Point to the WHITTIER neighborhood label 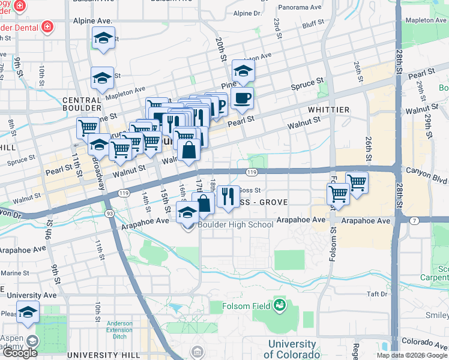pos(328,110)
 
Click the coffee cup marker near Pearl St pos(242,98)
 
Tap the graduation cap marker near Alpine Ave pos(104,38)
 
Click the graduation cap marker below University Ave pos(28,312)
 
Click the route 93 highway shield pos(109,213)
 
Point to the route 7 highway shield pos(414,221)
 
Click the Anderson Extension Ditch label pos(119,326)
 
